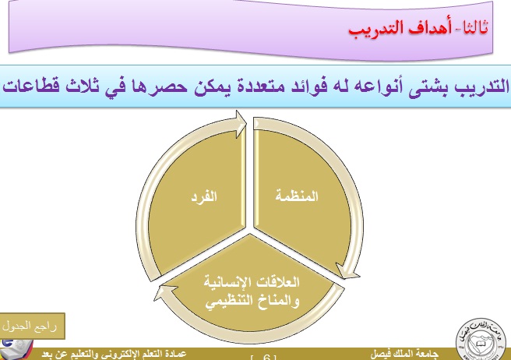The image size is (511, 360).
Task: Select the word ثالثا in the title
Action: click(x=474, y=27)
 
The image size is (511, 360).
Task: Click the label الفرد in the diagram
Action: click(x=204, y=197)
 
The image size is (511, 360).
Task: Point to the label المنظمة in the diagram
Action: click(x=297, y=196)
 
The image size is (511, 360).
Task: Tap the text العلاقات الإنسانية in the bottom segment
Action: click(x=252, y=282)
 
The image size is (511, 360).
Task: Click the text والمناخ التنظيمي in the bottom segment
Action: click(x=252, y=302)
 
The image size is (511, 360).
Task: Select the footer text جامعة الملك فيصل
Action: click(x=404, y=355)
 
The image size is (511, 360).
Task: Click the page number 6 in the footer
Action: click(x=266, y=358)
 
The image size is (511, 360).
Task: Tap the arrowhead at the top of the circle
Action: click(x=241, y=124)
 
